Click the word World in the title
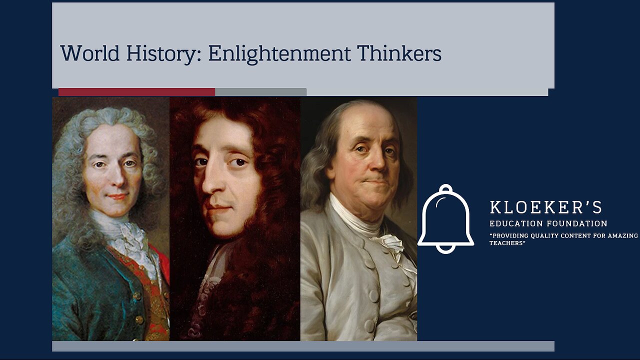coord(89,53)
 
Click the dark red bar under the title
coord(136,92)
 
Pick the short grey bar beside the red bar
coord(260,92)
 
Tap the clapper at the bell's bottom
coord(445,248)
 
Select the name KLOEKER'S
coord(545,207)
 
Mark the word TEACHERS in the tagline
coord(507,243)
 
